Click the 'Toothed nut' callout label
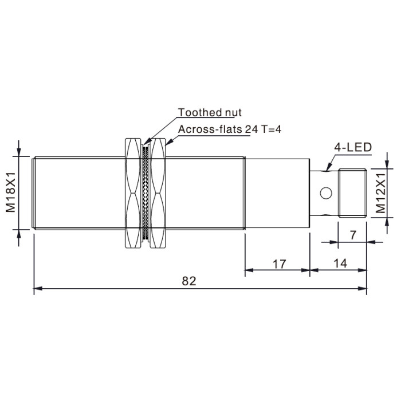point(210,112)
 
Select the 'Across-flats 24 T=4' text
point(229,129)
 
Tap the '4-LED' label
point(353,148)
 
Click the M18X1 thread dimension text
point(11,192)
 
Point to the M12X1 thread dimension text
point(380,194)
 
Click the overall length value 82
point(189,281)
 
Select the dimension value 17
point(279,264)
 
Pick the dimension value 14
point(340,264)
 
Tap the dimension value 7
point(353,235)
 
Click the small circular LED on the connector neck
point(326,193)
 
